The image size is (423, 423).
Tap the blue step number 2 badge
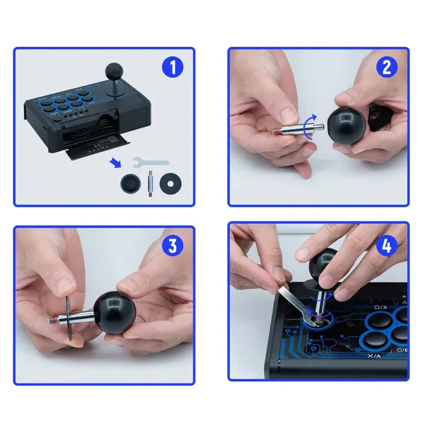click(x=386, y=67)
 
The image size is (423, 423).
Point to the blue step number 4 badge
click(x=386, y=246)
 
